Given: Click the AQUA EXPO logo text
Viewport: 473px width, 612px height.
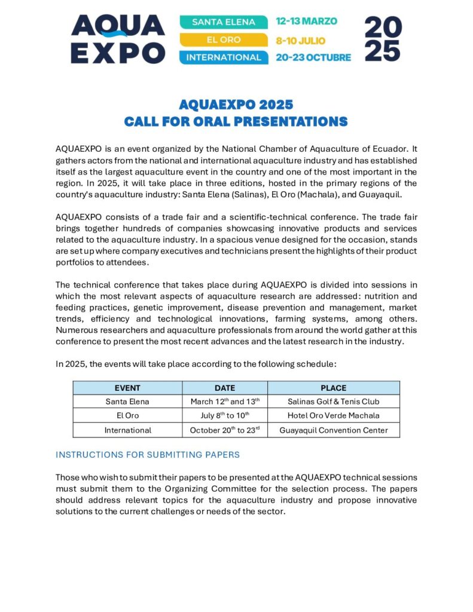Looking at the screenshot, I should point(117,39).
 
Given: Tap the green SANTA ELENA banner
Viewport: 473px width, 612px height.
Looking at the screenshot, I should point(224,22).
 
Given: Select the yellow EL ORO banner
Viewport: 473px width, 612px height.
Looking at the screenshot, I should point(224,40).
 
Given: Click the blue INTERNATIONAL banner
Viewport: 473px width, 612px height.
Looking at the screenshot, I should point(224,58).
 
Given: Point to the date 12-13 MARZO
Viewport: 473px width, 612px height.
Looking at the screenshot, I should point(306,22).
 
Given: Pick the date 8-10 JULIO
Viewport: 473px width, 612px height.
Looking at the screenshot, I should point(300,40).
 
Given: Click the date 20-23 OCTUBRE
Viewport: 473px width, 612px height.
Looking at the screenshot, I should point(313,58).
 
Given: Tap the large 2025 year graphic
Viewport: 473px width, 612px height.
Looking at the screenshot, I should point(383,39).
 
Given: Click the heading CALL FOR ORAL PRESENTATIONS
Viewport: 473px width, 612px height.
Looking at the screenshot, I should point(236,121).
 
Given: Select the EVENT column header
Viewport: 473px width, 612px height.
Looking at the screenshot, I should point(127,388).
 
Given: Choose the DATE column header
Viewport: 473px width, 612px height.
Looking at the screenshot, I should point(225,388).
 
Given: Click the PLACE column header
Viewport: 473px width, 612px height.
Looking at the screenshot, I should point(333,388).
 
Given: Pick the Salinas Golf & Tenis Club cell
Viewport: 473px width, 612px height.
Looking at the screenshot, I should point(333,402).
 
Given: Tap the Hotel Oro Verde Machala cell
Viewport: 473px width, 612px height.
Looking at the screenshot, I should point(333,416).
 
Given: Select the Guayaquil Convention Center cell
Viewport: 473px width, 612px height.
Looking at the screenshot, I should point(333,430).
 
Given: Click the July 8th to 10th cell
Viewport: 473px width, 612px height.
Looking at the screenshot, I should point(225,416).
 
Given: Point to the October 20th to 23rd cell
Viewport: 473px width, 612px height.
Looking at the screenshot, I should point(225,430).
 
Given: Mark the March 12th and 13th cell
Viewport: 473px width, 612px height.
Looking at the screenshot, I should point(225,402).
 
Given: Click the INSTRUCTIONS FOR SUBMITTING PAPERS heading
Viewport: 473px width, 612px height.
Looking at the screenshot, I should point(148,455).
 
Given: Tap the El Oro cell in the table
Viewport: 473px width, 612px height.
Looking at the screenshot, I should point(127,416).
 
